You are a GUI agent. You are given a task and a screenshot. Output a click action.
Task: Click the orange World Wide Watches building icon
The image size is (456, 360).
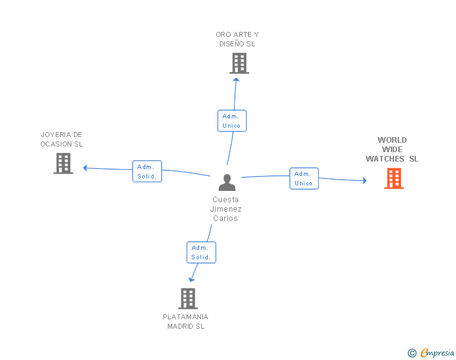coord(394,178)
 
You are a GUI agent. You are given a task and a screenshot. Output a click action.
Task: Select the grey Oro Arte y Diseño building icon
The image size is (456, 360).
coord(239,63)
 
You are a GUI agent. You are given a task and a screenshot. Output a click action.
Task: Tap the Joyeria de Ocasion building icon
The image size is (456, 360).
coord(63,163)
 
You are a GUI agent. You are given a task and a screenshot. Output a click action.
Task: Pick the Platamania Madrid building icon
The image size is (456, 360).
coord(187,299)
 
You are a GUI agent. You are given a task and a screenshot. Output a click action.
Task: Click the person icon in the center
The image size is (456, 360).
coord(227,182)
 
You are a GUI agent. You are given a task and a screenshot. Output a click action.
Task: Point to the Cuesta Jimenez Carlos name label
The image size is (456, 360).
coord(226,209)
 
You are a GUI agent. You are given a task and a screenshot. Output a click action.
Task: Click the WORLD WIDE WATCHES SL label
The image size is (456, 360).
coord(392,150)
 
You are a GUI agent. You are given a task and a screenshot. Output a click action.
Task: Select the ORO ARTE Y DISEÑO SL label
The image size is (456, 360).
coord(237,39)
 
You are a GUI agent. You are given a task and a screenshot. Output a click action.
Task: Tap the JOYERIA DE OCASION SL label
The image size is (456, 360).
coord(61,139)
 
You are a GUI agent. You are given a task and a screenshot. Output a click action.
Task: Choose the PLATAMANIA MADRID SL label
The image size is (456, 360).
coord(185,321)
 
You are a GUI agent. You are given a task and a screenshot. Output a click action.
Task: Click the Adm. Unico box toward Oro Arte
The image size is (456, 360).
coord(232,121)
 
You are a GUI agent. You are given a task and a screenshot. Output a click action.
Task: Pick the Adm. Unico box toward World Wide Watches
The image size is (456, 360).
coord(304,178)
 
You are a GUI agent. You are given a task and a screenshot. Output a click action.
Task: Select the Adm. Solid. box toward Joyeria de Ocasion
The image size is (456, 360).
coord(147,172)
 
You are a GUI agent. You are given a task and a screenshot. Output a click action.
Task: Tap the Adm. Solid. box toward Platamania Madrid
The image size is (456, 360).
coord(201,252)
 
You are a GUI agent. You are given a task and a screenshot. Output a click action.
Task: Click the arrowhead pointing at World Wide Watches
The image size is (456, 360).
coord(364,181)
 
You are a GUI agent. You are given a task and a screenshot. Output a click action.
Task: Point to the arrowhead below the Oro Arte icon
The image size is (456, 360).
coord(236,79)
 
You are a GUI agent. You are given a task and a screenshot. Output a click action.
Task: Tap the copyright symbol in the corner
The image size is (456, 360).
coord(412,354)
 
